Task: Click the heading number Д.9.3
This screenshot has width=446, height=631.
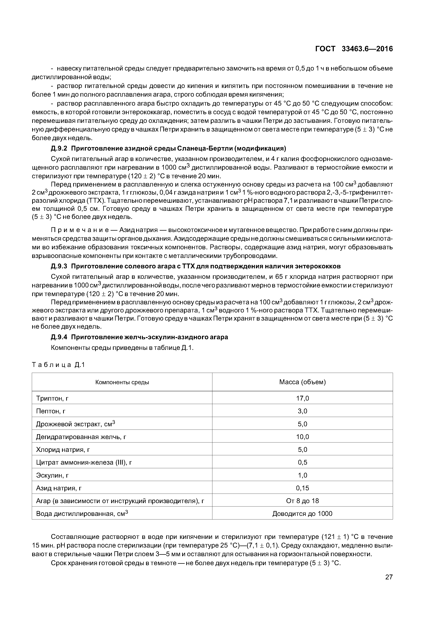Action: coord(59,266)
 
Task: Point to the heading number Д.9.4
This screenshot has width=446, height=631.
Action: coord(59,337)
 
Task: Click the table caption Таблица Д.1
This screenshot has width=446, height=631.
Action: coord(58,365)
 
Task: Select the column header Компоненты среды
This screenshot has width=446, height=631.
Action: coord(122,382)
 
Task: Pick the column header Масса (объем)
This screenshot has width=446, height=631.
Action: coord(302,382)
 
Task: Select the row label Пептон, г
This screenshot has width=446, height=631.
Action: coord(51,411)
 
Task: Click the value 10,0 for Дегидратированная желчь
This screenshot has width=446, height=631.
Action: coord(302,437)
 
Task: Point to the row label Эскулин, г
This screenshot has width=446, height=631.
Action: coord(52,475)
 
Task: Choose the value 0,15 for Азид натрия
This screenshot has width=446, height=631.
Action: coord(302,488)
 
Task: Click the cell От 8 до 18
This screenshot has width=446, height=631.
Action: coord(302,501)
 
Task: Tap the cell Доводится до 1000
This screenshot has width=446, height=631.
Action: coord(302,514)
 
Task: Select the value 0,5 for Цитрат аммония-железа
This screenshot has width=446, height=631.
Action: coord(302,462)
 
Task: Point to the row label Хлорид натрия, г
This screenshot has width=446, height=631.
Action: coord(63,450)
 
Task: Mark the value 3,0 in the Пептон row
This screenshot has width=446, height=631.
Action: coord(302,411)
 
